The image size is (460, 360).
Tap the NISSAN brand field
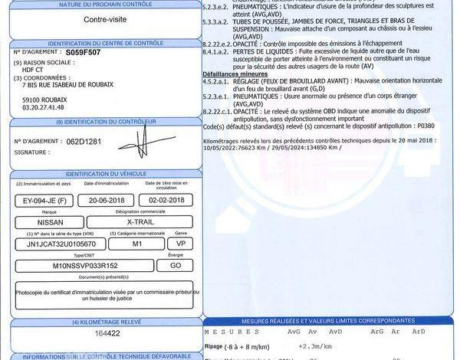[45, 221]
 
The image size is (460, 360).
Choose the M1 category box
[138, 244]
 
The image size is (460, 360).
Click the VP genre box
[182, 244]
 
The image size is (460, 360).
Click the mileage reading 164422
[101, 334]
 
